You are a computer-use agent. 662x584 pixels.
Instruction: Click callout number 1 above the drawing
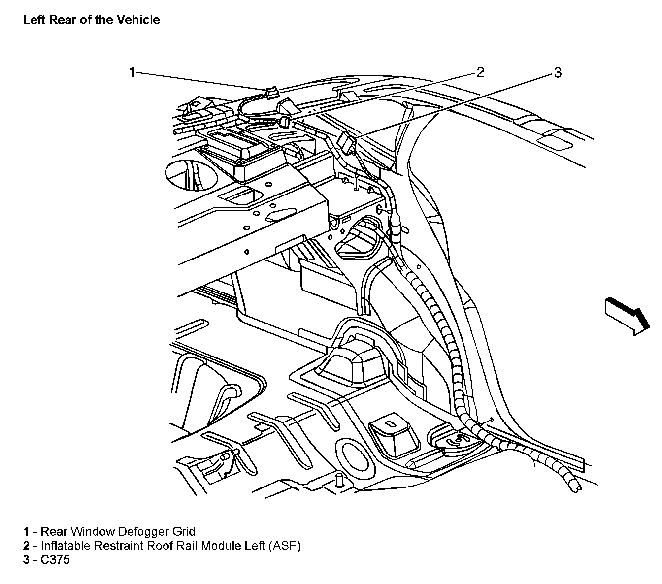(x=132, y=72)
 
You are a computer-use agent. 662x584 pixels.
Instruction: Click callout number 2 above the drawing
(x=480, y=72)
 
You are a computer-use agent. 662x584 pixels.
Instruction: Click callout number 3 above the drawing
(x=558, y=72)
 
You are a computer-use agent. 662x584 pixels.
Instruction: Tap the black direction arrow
(x=627, y=316)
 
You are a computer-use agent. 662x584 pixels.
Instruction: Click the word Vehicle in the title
(x=138, y=20)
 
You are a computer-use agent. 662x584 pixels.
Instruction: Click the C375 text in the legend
(x=55, y=560)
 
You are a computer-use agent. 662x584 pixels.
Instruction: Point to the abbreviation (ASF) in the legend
(x=284, y=546)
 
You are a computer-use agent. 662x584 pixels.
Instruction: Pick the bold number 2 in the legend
(x=26, y=546)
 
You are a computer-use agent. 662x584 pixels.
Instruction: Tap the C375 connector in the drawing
(x=346, y=142)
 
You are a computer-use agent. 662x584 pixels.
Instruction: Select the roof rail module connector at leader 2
(x=285, y=122)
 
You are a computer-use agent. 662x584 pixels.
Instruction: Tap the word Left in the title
(x=34, y=20)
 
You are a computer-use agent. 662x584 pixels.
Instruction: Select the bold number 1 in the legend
(x=26, y=532)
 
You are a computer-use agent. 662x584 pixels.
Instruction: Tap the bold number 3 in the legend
(x=26, y=560)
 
